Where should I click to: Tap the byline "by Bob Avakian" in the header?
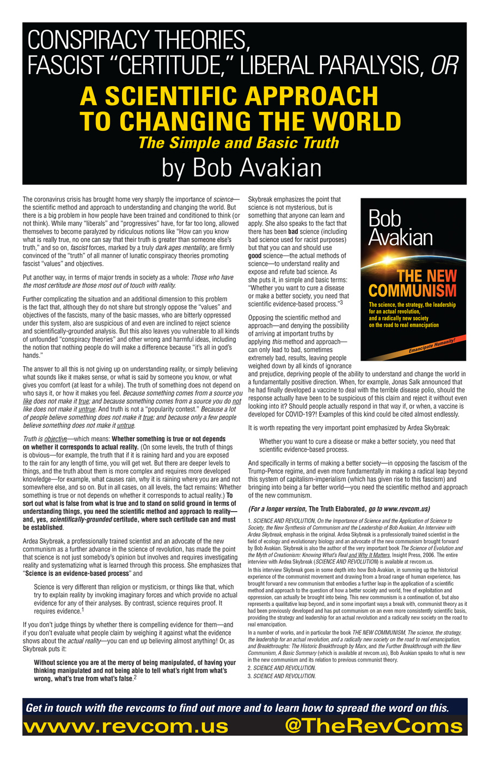241,168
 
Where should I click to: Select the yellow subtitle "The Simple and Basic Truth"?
238,143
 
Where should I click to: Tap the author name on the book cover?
400,228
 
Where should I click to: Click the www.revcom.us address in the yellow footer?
126,726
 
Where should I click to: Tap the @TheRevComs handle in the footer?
373,726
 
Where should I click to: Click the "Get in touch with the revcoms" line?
237,708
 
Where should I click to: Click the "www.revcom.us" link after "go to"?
408,509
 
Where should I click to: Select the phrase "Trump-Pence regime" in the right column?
278,471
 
